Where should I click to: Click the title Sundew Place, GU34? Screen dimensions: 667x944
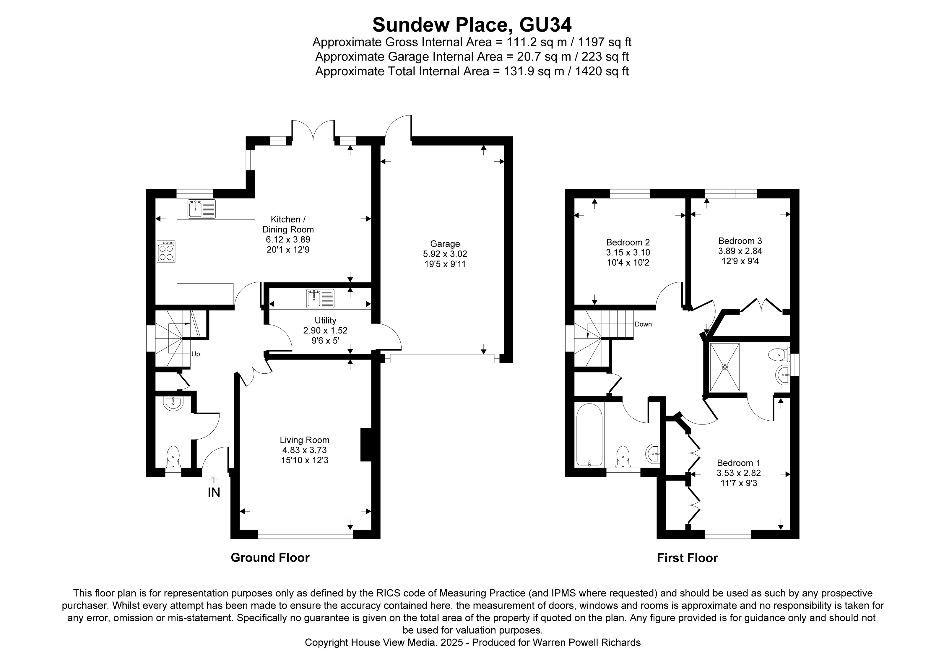(472, 25)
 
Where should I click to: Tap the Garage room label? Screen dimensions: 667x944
(445, 244)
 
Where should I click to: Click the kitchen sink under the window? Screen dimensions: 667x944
(202, 209)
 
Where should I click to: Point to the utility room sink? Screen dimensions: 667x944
(320, 299)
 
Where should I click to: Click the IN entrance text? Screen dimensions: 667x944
(214, 492)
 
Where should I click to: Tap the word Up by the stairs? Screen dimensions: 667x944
(196, 354)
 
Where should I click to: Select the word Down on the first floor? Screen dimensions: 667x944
(643, 324)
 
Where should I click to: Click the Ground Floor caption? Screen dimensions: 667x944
(270, 558)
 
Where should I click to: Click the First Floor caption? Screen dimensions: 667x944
(687, 558)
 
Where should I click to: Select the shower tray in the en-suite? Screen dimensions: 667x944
(725, 367)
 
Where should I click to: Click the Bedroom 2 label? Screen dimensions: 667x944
(628, 243)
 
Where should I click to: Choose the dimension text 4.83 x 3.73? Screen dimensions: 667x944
(304, 450)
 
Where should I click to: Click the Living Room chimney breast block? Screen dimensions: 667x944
(366, 445)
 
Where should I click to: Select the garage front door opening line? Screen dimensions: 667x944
(442, 359)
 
